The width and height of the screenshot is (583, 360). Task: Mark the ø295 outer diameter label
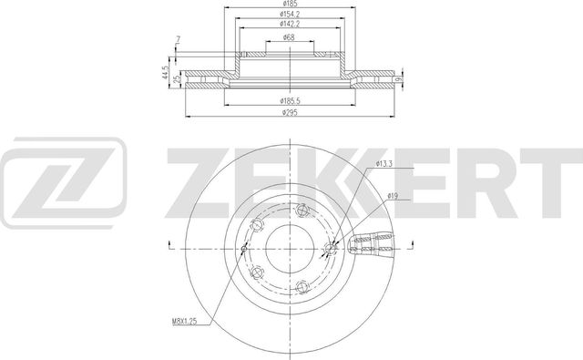click(289, 111)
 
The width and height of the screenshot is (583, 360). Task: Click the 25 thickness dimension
click(177, 80)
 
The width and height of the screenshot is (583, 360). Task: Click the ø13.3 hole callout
click(384, 164)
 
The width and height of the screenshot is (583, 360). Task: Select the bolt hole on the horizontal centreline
click(331, 245)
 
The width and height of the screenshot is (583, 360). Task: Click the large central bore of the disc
click(288, 245)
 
